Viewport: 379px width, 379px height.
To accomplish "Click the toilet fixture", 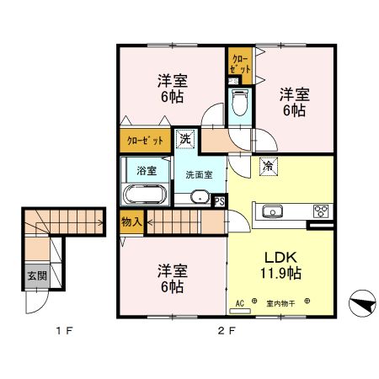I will click(239, 105).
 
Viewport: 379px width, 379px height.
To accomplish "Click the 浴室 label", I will click(147, 170).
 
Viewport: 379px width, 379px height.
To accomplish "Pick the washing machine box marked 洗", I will click(184, 138).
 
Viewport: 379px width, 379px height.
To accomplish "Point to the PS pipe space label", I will click(218, 200).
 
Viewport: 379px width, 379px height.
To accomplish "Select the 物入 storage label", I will click(131, 222).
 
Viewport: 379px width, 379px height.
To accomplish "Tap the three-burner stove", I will click(321, 211).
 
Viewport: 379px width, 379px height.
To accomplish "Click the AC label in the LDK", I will click(239, 301).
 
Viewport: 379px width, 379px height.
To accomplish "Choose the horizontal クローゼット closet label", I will click(145, 140).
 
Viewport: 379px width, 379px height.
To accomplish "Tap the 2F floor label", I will click(225, 330).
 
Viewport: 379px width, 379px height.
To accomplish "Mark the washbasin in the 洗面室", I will click(199, 198).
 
